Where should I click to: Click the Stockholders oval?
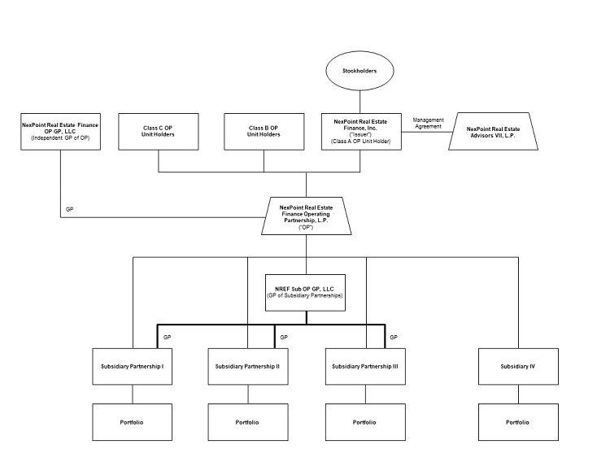point(361,71)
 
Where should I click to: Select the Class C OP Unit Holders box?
point(158,131)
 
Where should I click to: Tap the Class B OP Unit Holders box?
point(264,131)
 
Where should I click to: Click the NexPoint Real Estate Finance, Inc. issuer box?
point(361,131)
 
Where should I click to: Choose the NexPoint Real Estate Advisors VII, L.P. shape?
point(495,131)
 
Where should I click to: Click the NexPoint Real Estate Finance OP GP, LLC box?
point(60,131)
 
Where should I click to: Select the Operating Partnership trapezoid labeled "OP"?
point(307,216)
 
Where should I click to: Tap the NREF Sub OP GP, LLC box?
point(307,290)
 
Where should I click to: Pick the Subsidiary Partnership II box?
point(248,366)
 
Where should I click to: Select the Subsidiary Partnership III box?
point(365,366)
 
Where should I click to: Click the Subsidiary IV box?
point(517,366)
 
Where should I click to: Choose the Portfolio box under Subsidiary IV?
point(517,422)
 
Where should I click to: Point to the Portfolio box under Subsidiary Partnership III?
point(365,422)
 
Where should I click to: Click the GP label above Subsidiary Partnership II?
point(284,337)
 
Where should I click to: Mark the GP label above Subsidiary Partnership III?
point(394,337)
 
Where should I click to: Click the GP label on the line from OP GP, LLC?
point(69,209)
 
